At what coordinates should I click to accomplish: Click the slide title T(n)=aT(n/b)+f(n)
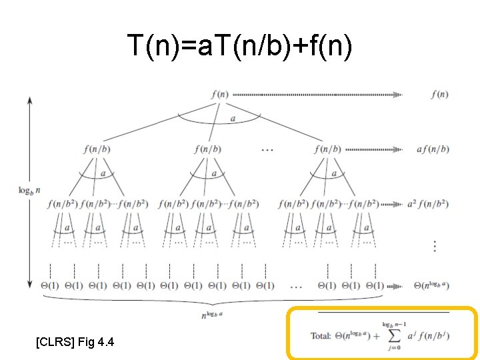[239, 46]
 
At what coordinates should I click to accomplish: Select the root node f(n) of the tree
[219, 94]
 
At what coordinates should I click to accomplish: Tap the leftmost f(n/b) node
[97, 149]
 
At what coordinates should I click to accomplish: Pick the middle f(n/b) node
[207, 149]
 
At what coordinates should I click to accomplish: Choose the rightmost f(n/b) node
[327, 149]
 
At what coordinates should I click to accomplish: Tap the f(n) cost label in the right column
[439, 94]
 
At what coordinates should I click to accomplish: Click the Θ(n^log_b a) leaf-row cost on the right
[431, 286]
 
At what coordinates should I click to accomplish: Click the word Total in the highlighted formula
[321, 335]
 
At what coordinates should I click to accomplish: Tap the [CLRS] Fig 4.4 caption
[75, 342]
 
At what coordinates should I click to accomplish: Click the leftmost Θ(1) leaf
[50, 286]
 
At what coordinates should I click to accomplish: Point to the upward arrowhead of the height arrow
[29, 100]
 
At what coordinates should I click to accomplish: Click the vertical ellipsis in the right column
[435, 246]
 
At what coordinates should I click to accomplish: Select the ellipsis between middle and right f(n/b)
[267, 149]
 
